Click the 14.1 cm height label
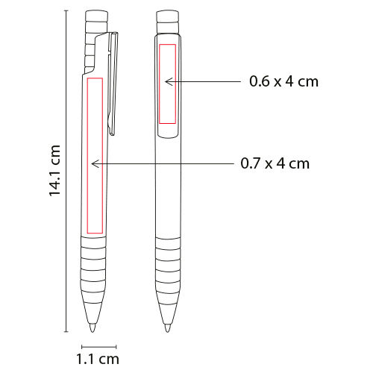(54, 171)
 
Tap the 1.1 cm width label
(98, 360)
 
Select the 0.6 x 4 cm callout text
(284, 81)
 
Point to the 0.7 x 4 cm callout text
(275, 163)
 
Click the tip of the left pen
(93, 331)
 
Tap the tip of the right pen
(168, 331)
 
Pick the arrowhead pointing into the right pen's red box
(169, 81)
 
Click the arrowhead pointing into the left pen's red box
(95, 163)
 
